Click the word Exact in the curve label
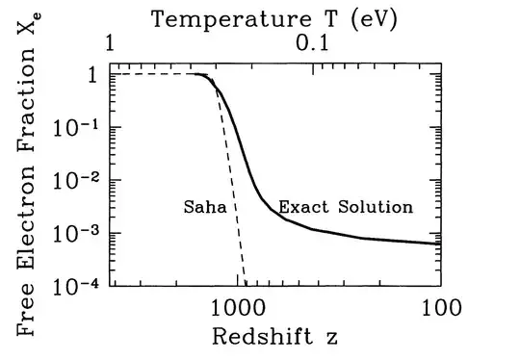[x=298, y=207]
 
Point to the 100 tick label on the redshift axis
[x=443, y=309]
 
